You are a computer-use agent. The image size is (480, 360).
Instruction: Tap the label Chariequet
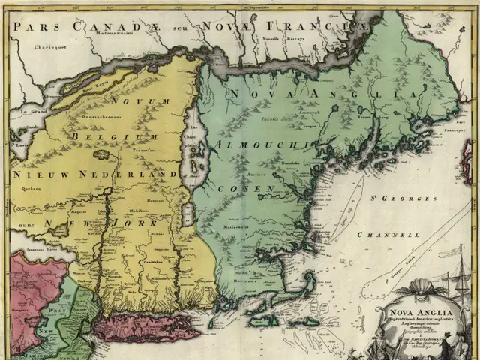tap(32, 46)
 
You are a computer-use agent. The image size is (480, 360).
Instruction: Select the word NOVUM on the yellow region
tap(130, 100)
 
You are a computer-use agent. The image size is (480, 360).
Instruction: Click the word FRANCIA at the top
tap(330, 26)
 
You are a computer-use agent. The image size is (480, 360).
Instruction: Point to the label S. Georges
tap(409, 199)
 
